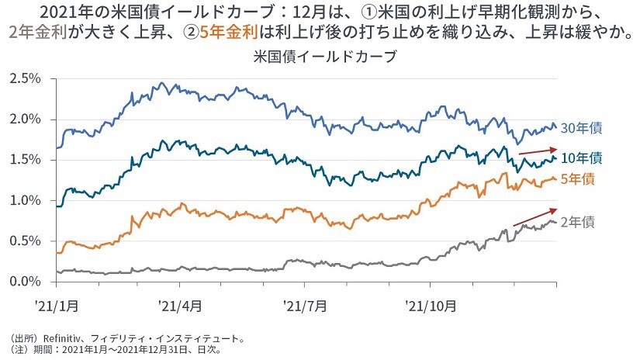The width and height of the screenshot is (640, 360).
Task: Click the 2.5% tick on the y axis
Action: coord(25,79)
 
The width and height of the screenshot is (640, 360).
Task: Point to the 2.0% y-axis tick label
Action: coord(25,119)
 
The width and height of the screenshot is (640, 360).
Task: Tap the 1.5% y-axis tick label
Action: coord(25,160)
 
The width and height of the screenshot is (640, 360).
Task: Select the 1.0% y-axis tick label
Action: coord(25,200)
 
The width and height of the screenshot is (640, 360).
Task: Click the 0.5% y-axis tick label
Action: coord(25,241)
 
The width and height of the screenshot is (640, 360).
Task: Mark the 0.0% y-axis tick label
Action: coord(25,281)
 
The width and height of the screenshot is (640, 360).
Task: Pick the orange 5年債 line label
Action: coord(579,179)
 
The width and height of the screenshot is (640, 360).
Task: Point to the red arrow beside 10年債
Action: coord(537,151)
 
